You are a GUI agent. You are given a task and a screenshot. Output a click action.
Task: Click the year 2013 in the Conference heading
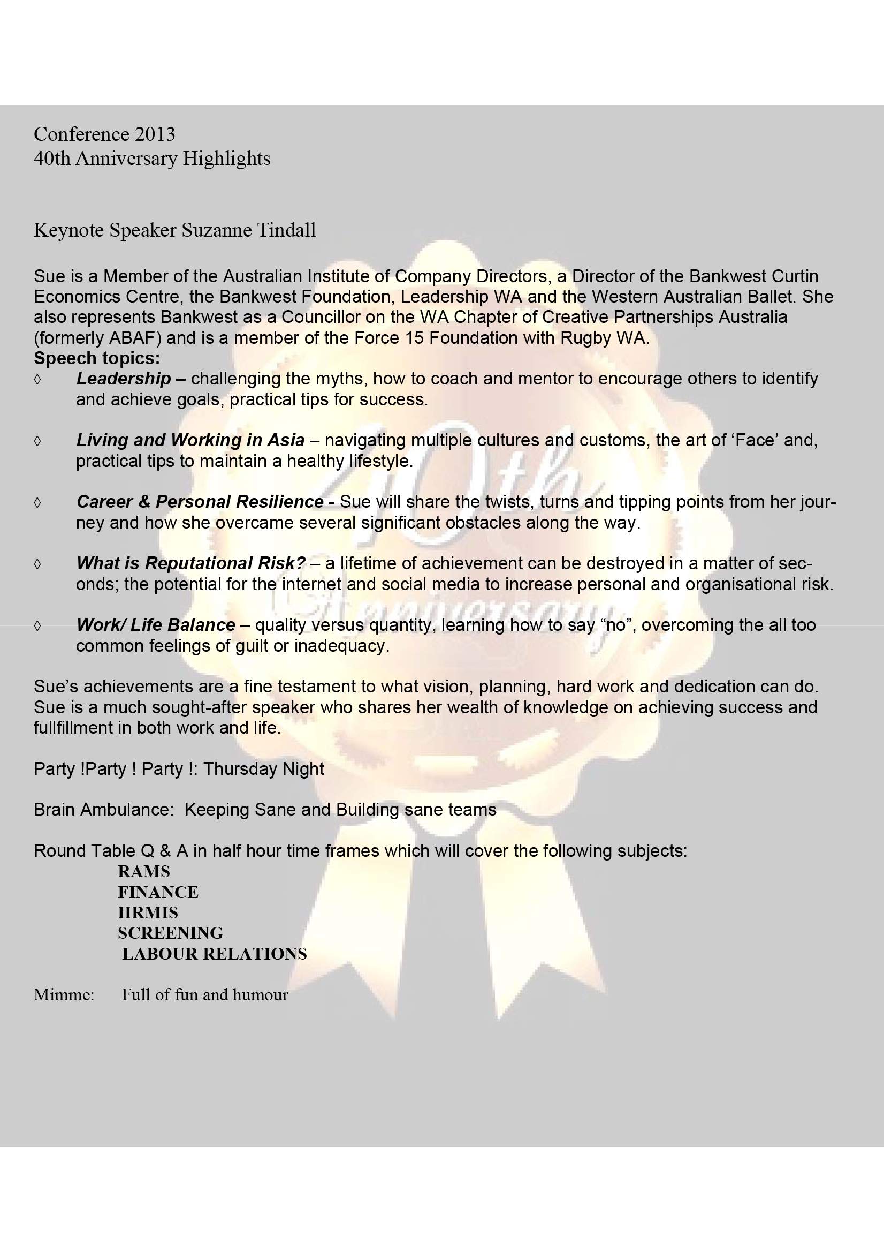pyautogui.click(x=155, y=133)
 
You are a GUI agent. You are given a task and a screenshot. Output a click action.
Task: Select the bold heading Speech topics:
pyautogui.click(x=97, y=358)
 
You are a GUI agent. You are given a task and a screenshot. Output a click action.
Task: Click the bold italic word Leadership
pyautogui.click(x=124, y=379)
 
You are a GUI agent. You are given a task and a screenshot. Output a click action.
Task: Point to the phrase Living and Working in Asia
pyautogui.click(x=190, y=440)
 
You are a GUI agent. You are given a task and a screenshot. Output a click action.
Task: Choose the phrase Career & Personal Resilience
pyautogui.click(x=200, y=502)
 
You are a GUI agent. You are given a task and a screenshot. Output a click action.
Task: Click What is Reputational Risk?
pyautogui.click(x=190, y=563)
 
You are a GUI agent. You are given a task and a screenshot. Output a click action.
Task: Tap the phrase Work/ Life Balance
pyautogui.click(x=156, y=625)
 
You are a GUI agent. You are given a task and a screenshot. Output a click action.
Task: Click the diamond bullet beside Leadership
pyautogui.click(x=37, y=379)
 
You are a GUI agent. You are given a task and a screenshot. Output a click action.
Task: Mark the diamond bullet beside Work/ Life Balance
pyautogui.click(x=37, y=625)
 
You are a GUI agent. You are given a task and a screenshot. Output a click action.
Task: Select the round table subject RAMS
pyautogui.click(x=144, y=871)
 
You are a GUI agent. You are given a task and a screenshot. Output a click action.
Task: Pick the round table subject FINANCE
pyautogui.click(x=158, y=892)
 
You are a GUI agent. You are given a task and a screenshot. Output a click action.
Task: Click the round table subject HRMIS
pyautogui.click(x=148, y=913)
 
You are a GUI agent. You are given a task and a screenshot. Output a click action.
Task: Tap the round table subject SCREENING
pyautogui.click(x=171, y=933)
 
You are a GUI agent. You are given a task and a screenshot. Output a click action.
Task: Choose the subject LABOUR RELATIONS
pyautogui.click(x=214, y=954)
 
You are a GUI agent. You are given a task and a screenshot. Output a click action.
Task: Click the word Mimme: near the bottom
pyautogui.click(x=64, y=995)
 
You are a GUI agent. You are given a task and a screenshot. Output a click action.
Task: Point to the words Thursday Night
pyautogui.click(x=264, y=769)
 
